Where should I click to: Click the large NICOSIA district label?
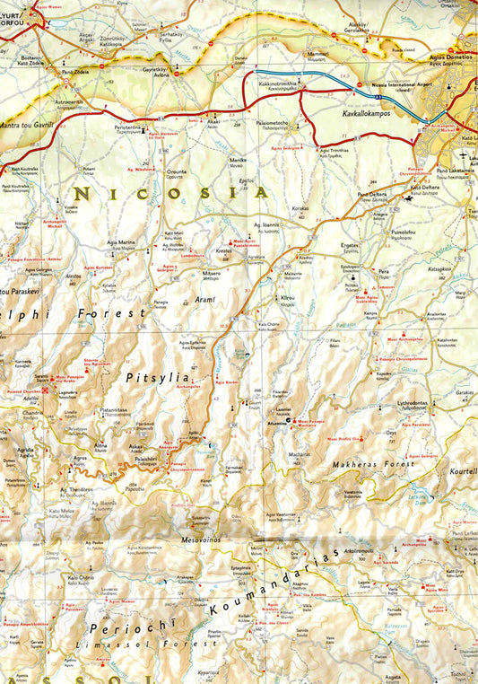(170, 193)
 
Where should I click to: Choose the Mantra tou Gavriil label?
(28, 123)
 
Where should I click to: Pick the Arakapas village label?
(186, 577)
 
